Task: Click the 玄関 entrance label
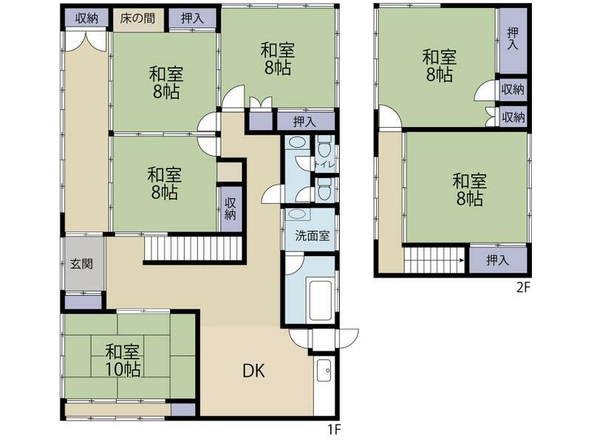pyautogui.click(x=82, y=264)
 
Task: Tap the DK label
pyautogui.click(x=253, y=371)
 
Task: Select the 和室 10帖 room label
pyautogui.click(x=123, y=360)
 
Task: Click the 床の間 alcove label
pyautogui.click(x=137, y=18)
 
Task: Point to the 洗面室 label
pyautogui.click(x=312, y=236)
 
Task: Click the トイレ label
pyautogui.click(x=324, y=164)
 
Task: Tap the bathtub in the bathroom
pyautogui.click(x=320, y=301)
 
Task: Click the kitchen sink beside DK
pyautogui.click(x=324, y=370)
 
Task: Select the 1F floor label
pyautogui.click(x=334, y=429)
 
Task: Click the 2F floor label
pyautogui.click(x=523, y=288)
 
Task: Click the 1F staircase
pyautogui.click(x=193, y=248)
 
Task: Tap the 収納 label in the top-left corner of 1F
pyautogui.click(x=86, y=18)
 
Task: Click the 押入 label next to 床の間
pyautogui.click(x=192, y=18)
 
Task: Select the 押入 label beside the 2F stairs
pyautogui.click(x=497, y=260)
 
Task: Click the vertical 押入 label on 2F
pyautogui.click(x=513, y=39)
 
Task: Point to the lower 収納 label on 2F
pyautogui.click(x=513, y=117)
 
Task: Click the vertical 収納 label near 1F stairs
pyautogui.click(x=230, y=208)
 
